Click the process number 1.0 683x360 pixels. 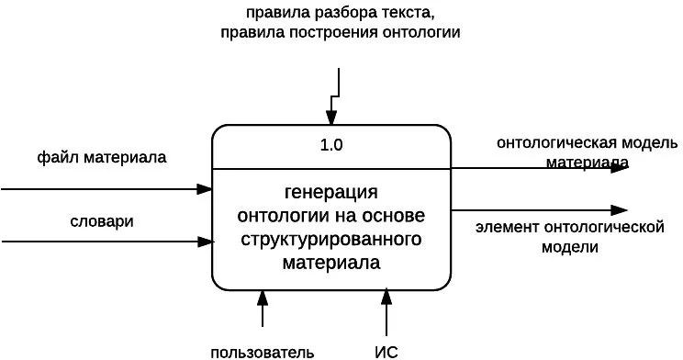click(331, 145)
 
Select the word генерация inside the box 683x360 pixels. click(331, 193)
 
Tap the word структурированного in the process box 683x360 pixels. click(331, 241)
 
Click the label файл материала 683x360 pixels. click(102, 157)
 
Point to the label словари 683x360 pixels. click(102, 221)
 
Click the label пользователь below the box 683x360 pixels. click(263, 351)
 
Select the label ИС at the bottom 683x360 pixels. click(386, 351)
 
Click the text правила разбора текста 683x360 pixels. click(340, 13)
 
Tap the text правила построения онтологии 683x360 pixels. click(340, 32)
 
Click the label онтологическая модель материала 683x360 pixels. click(588, 152)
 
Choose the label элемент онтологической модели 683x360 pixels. click(569, 236)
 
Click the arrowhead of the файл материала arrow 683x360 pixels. click(205, 189)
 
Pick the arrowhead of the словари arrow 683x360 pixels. click(205, 242)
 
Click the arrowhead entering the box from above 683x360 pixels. click(331, 117)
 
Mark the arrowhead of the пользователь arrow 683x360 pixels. click(263, 298)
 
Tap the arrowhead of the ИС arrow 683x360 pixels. click(386, 298)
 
